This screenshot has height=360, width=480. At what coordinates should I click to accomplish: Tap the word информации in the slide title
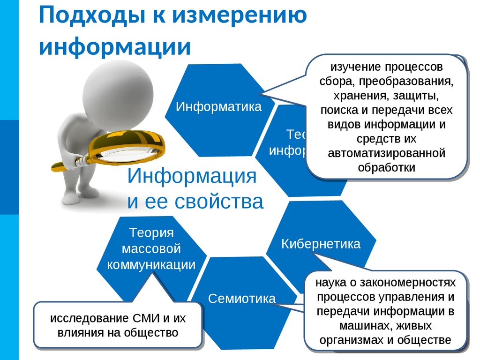[115, 47]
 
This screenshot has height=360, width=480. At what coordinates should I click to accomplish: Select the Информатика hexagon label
[218, 106]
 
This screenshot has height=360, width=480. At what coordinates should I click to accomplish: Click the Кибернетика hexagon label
[321, 244]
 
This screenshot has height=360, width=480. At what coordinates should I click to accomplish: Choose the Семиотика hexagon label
[242, 298]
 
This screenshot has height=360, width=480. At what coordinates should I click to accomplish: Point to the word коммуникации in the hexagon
[151, 264]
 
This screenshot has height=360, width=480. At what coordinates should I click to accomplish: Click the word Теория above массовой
[151, 233]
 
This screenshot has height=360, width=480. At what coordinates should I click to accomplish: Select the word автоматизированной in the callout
[386, 153]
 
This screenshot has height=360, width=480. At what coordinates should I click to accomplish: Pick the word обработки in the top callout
[386, 167]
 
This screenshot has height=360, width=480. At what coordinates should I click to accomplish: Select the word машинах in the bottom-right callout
[360, 325]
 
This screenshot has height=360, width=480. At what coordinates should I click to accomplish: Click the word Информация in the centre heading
[192, 177]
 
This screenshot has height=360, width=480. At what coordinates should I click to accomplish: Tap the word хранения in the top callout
[357, 97]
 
